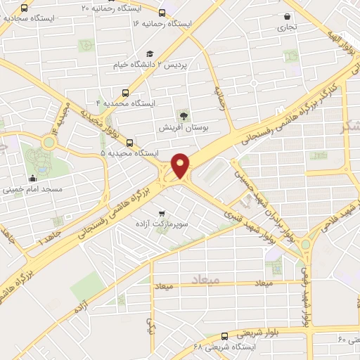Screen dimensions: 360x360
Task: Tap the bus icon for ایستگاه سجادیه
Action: coord(25,8)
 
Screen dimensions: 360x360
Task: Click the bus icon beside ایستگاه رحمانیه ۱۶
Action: coord(162,13)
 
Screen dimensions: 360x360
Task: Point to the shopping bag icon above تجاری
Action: coord(287,16)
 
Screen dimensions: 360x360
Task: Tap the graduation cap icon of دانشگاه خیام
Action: coord(149,54)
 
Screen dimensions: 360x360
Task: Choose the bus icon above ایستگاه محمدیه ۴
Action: coord(126,92)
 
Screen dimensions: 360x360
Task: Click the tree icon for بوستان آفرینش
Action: coord(184,115)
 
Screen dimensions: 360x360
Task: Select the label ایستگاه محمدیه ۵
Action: coord(130,153)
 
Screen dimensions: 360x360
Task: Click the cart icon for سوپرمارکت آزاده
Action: coord(162,212)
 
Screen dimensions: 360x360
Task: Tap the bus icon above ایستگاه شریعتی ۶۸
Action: coord(224,336)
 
